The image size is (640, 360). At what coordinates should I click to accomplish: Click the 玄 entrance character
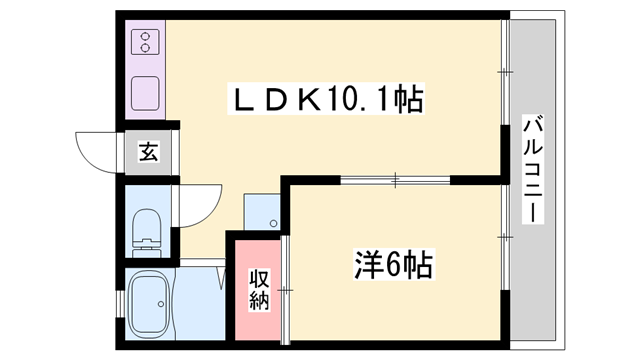[x=148, y=152]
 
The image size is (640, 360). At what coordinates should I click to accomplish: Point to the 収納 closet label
[x=259, y=290]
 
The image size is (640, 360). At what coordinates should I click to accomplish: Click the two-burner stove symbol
[x=146, y=41]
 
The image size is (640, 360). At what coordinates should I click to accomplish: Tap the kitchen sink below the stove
[x=146, y=93]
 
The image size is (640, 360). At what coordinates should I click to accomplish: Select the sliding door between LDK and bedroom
[x=395, y=181]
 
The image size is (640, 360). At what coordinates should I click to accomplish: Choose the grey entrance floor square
[x=148, y=152]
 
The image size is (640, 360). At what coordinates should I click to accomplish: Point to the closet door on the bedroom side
[x=286, y=290]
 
